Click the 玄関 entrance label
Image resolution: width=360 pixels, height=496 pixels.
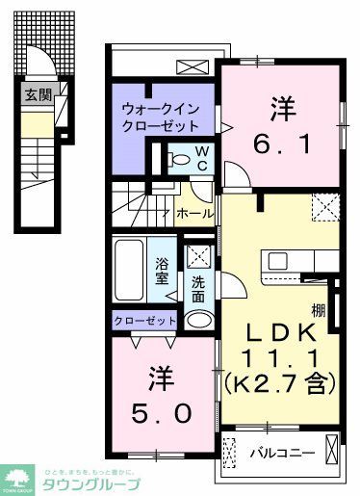pyautogui.click(x=38, y=94)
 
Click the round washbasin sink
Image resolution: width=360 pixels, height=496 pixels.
pyautogui.click(x=198, y=319)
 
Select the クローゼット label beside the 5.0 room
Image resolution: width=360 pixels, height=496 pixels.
pyautogui.click(x=145, y=321)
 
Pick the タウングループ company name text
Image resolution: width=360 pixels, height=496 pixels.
pyautogui.click(x=92, y=483)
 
